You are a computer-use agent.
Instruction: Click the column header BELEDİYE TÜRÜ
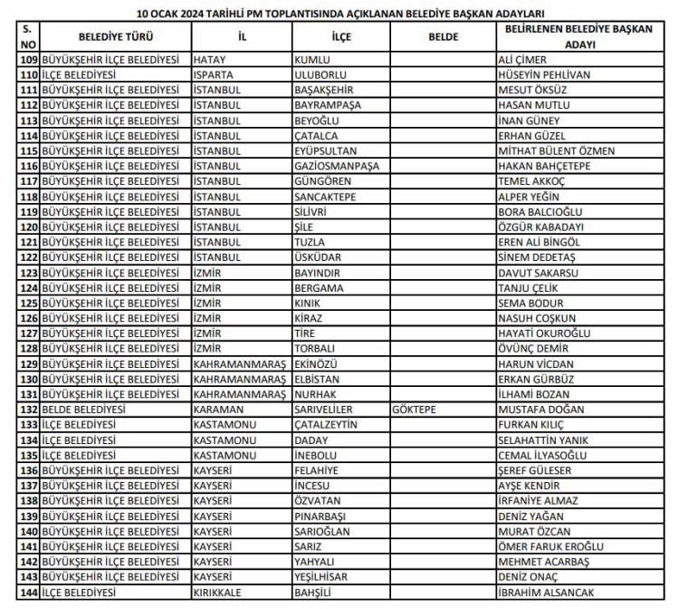click(115, 37)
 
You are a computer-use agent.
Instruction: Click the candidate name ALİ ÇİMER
click(522, 60)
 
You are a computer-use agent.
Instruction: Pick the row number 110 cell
click(28, 75)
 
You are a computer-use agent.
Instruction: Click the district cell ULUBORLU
click(321, 75)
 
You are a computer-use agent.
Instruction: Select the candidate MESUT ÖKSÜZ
click(532, 91)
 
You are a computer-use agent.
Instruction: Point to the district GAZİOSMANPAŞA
click(337, 167)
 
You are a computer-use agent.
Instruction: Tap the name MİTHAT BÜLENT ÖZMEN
click(557, 151)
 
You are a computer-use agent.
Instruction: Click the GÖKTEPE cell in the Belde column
click(415, 410)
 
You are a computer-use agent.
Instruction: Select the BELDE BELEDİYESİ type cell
click(84, 410)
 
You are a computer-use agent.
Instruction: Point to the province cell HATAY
click(209, 60)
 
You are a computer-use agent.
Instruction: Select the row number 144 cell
click(28, 592)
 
